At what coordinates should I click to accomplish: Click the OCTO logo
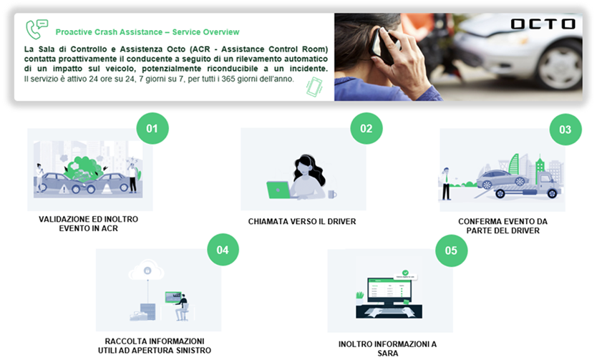543,24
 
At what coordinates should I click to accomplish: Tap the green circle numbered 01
152,128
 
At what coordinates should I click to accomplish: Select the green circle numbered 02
367,128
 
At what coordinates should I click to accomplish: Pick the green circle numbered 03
566,130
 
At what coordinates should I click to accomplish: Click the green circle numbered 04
223,250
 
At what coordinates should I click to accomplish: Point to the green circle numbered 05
451,250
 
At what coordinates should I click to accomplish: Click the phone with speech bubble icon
37,29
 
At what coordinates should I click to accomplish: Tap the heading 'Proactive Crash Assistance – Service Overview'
147,32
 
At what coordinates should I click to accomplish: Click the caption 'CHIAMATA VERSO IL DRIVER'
302,221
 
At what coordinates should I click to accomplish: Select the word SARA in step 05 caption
388,353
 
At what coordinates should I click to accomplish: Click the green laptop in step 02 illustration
278,190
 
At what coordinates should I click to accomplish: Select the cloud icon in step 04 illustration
147,270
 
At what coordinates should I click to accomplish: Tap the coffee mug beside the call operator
332,194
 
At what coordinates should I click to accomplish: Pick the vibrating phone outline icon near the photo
314,87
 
